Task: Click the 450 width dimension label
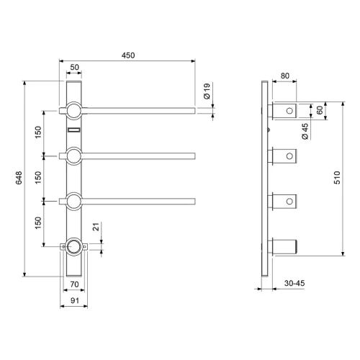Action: [128, 55]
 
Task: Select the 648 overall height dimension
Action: [19, 178]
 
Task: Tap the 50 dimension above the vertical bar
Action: [74, 67]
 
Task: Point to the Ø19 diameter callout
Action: [207, 91]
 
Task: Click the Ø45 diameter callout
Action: [305, 132]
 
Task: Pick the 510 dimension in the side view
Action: [337, 178]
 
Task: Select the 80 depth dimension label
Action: [285, 76]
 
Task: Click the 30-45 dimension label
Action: [294, 283]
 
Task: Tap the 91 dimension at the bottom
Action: [75, 300]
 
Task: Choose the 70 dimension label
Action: [74, 284]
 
